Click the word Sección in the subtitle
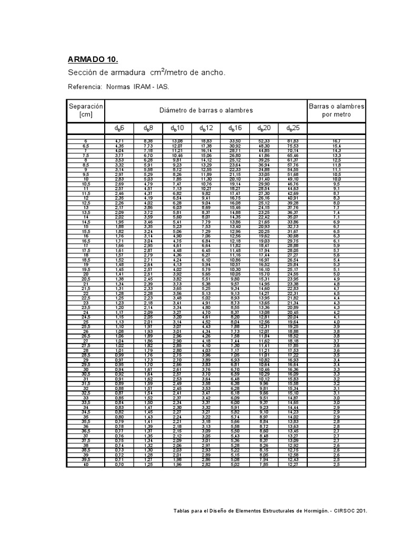point(84,73)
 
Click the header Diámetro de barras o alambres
point(206,110)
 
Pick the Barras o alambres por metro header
point(336,110)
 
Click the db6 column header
point(119,128)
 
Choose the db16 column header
point(235,128)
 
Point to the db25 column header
point(292,128)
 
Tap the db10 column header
point(177,128)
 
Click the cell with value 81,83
point(292,141)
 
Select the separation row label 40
point(85,464)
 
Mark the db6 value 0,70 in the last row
point(119,464)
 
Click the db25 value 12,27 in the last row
point(292,464)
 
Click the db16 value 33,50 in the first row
point(235,141)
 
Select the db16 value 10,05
point(235,274)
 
